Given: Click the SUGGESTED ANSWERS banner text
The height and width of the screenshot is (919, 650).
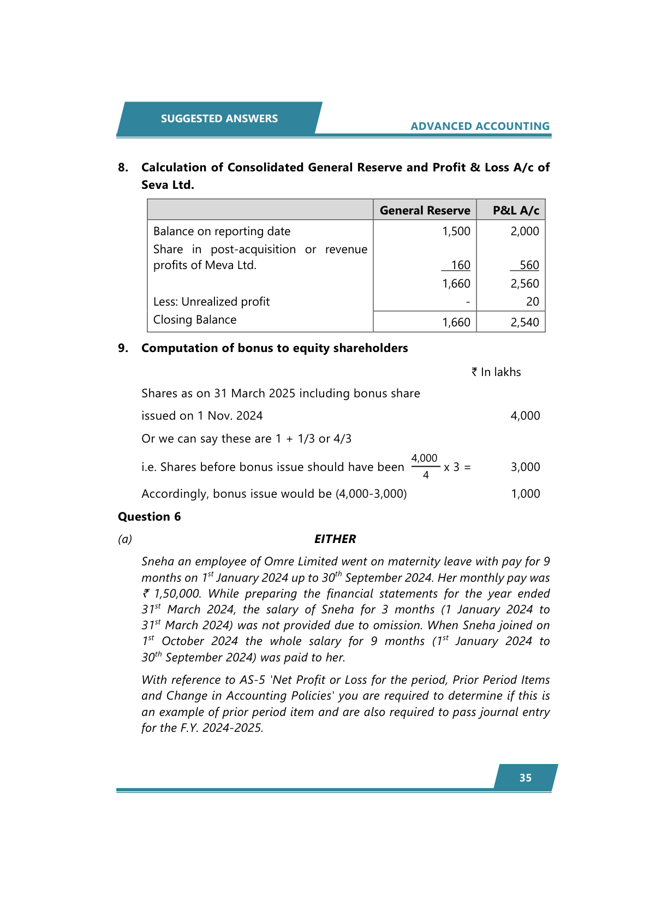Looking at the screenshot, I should (219, 118).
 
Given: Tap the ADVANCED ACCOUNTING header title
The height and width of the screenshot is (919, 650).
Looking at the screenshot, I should (480, 126).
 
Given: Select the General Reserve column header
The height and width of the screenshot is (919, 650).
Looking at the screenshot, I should (425, 210).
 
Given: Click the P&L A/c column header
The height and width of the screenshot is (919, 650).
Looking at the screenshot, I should (515, 210).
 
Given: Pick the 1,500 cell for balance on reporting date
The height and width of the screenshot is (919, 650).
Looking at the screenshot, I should (456, 231).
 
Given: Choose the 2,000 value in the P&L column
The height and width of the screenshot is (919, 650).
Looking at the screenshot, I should (524, 231).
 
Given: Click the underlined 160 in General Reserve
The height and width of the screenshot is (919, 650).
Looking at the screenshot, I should (460, 265).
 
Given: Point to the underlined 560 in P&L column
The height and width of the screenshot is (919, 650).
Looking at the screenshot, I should (529, 265).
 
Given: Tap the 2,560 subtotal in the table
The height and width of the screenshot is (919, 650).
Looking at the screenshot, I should (524, 284).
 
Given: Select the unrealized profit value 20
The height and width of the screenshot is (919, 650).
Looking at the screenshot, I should (532, 302).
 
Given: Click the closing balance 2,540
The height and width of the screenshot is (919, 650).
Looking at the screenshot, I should (524, 323).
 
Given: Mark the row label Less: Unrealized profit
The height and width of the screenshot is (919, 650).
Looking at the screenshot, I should (211, 302).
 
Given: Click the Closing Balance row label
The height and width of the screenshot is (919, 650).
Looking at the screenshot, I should (195, 320).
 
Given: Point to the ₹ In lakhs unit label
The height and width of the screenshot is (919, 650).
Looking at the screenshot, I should (496, 372).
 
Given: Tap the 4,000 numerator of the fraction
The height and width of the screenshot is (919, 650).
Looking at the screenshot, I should (424, 458).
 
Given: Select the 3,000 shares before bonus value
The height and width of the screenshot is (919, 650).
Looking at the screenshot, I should (525, 467).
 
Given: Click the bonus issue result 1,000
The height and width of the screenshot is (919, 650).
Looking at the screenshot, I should (525, 494).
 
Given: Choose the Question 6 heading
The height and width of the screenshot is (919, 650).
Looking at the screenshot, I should (149, 517).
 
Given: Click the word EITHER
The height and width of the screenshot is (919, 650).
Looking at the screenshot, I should (335, 539).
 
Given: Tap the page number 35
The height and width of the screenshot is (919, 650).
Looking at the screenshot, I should (525, 778).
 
